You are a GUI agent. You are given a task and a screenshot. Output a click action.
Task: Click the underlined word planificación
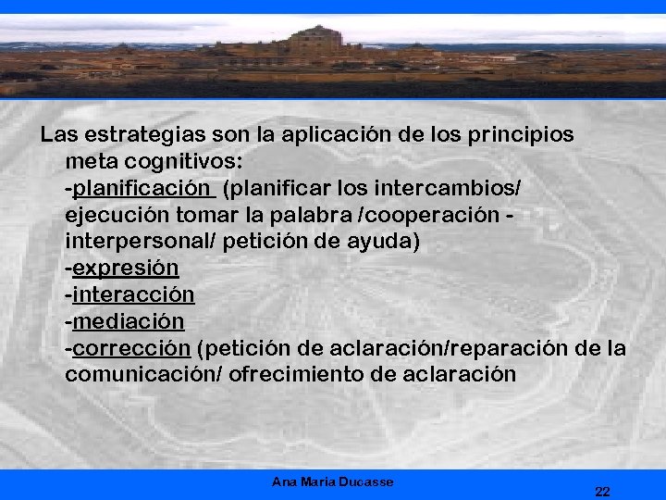(x=142, y=189)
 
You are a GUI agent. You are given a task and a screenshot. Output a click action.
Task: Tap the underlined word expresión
(x=126, y=269)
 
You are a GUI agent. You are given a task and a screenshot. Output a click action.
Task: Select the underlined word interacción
(x=133, y=295)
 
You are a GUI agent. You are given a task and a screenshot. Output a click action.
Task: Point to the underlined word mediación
(x=129, y=322)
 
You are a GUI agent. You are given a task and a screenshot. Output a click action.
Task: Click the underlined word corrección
(x=132, y=349)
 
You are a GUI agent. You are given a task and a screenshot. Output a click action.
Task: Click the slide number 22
(x=602, y=491)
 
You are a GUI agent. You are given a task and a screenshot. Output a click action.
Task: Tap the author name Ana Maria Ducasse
(x=333, y=481)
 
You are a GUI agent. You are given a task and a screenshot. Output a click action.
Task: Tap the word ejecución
(x=111, y=216)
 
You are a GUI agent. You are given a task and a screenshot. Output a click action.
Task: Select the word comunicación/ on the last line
(x=143, y=376)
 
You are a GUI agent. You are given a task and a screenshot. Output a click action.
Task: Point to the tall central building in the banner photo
(x=319, y=42)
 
